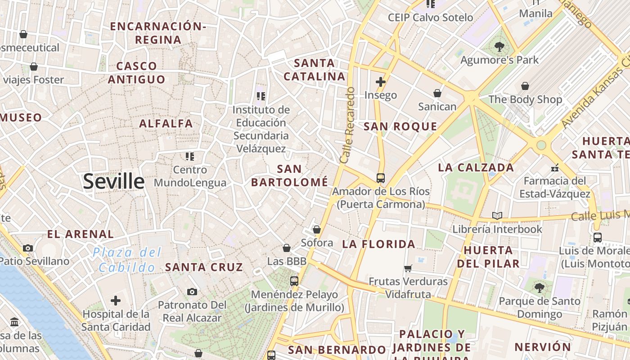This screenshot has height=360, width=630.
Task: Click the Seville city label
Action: [x=114, y=181]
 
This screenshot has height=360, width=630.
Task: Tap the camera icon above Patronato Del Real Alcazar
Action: [x=192, y=292]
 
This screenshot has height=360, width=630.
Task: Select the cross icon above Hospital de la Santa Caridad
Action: [x=116, y=301]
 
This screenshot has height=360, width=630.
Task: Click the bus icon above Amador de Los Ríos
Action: [x=381, y=178]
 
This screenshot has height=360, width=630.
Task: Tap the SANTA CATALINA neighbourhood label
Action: [x=315, y=70]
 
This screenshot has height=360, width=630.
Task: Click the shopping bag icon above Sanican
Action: [x=437, y=93]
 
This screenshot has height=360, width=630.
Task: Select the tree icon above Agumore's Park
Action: [x=499, y=46]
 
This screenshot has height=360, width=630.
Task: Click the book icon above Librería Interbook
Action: [x=497, y=216]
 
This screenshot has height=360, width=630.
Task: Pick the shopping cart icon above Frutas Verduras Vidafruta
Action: [x=408, y=268]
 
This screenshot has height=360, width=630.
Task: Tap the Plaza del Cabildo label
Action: [x=127, y=260]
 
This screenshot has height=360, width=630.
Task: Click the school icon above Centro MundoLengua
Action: [x=190, y=157]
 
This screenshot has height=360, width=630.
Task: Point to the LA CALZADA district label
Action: [x=476, y=168]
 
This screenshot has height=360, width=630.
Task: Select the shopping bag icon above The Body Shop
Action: [x=525, y=86]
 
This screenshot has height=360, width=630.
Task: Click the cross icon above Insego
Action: [x=381, y=81]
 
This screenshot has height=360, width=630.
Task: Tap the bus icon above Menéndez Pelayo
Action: [x=294, y=281]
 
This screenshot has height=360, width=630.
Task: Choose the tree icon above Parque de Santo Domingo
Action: [x=540, y=288]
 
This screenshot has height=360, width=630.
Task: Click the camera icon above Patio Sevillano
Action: [x=28, y=248]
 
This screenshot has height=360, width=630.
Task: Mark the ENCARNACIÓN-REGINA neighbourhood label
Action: [x=158, y=33]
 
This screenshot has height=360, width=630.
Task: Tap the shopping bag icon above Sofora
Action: [x=317, y=229]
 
